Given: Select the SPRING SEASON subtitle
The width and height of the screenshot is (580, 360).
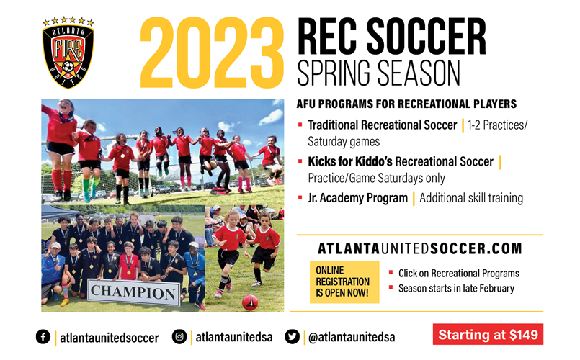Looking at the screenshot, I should [378, 73].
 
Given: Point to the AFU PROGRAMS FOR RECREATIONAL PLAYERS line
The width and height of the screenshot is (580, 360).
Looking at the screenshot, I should [406, 104].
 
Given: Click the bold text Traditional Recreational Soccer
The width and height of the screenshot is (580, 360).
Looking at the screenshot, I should [382, 125].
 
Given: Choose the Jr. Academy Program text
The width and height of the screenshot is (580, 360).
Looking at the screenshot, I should [357, 198].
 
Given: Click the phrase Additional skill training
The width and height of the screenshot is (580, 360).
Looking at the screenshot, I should [471, 198].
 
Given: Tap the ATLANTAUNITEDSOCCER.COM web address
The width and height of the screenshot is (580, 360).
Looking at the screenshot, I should [420, 248].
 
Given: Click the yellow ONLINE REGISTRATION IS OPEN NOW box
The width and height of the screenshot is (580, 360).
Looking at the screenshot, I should [343, 282].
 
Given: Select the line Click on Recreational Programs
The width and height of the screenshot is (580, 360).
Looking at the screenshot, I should [458, 274].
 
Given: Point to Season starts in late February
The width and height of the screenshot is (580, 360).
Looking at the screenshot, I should [456, 289].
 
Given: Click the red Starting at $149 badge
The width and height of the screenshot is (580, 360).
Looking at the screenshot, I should [488, 335].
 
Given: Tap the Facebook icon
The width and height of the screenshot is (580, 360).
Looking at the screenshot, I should [43, 337].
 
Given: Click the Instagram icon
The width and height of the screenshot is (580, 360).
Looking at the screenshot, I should [179, 336].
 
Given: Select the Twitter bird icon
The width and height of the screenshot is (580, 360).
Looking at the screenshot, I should [293, 336].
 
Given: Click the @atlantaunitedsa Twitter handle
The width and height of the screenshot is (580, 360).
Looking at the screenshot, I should [351, 337].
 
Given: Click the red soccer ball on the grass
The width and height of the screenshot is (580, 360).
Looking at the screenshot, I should [249, 302].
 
